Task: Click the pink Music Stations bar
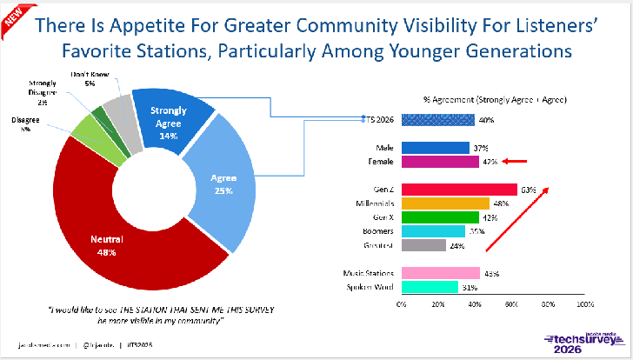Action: coord(441,272)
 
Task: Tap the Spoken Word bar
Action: coord(430,286)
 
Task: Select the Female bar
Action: coord(440,161)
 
